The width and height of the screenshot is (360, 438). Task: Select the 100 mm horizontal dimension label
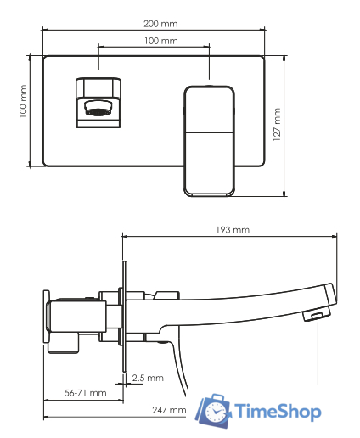[155, 41]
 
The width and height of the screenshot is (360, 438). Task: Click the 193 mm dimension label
[232, 229]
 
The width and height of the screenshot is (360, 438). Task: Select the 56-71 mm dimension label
[85, 393]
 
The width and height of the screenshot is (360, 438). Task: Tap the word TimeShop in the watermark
[277, 413]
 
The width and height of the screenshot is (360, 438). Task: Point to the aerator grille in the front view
[98, 108]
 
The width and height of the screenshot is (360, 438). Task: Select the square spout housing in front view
[99, 102]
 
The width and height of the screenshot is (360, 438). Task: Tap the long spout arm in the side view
[246, 307]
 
